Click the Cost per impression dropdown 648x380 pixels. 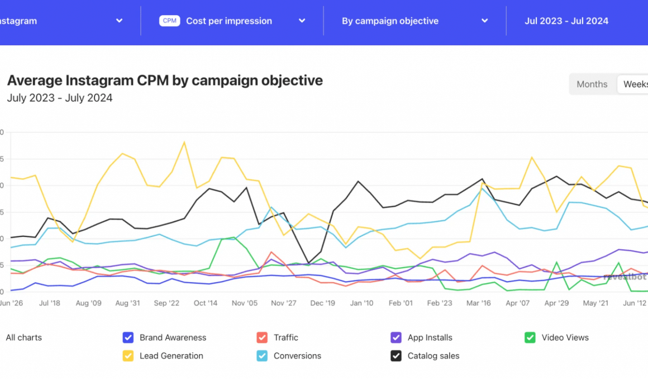232,21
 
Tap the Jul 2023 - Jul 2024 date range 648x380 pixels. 566,21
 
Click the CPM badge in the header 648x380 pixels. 169,21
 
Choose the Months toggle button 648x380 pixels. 592,84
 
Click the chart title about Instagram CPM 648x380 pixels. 165,80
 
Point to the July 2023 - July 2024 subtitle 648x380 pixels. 60,98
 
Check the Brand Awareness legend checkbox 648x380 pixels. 128,338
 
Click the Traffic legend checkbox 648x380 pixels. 262,338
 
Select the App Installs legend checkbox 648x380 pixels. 396,338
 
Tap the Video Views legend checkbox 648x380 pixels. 530,338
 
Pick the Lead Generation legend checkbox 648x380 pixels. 128,356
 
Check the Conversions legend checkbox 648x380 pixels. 262,356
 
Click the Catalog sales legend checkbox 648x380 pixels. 396,356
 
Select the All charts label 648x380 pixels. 24,338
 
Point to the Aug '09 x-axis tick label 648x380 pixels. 88,303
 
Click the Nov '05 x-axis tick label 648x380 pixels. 245,303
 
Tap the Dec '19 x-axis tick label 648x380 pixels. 323,303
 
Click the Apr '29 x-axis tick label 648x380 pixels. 557,303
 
